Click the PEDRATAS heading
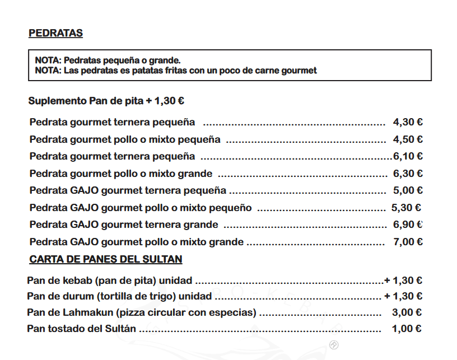click(55, 34)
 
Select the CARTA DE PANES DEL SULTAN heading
click(105, 259)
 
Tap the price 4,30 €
click(408, 122)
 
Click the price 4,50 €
click(408, 139)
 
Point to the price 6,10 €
click(408, 156)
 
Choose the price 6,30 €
click(408, 174)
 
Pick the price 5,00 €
click(408, 190)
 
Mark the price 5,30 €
click(406, 208)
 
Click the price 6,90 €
click(408, 225)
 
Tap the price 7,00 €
click(408, 242)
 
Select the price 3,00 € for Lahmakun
click(407, 312)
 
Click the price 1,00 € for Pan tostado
click(407, 329)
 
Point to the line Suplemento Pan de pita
click(106, 101)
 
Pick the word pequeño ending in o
click(230, 208)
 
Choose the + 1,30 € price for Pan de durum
click(403, 296)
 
